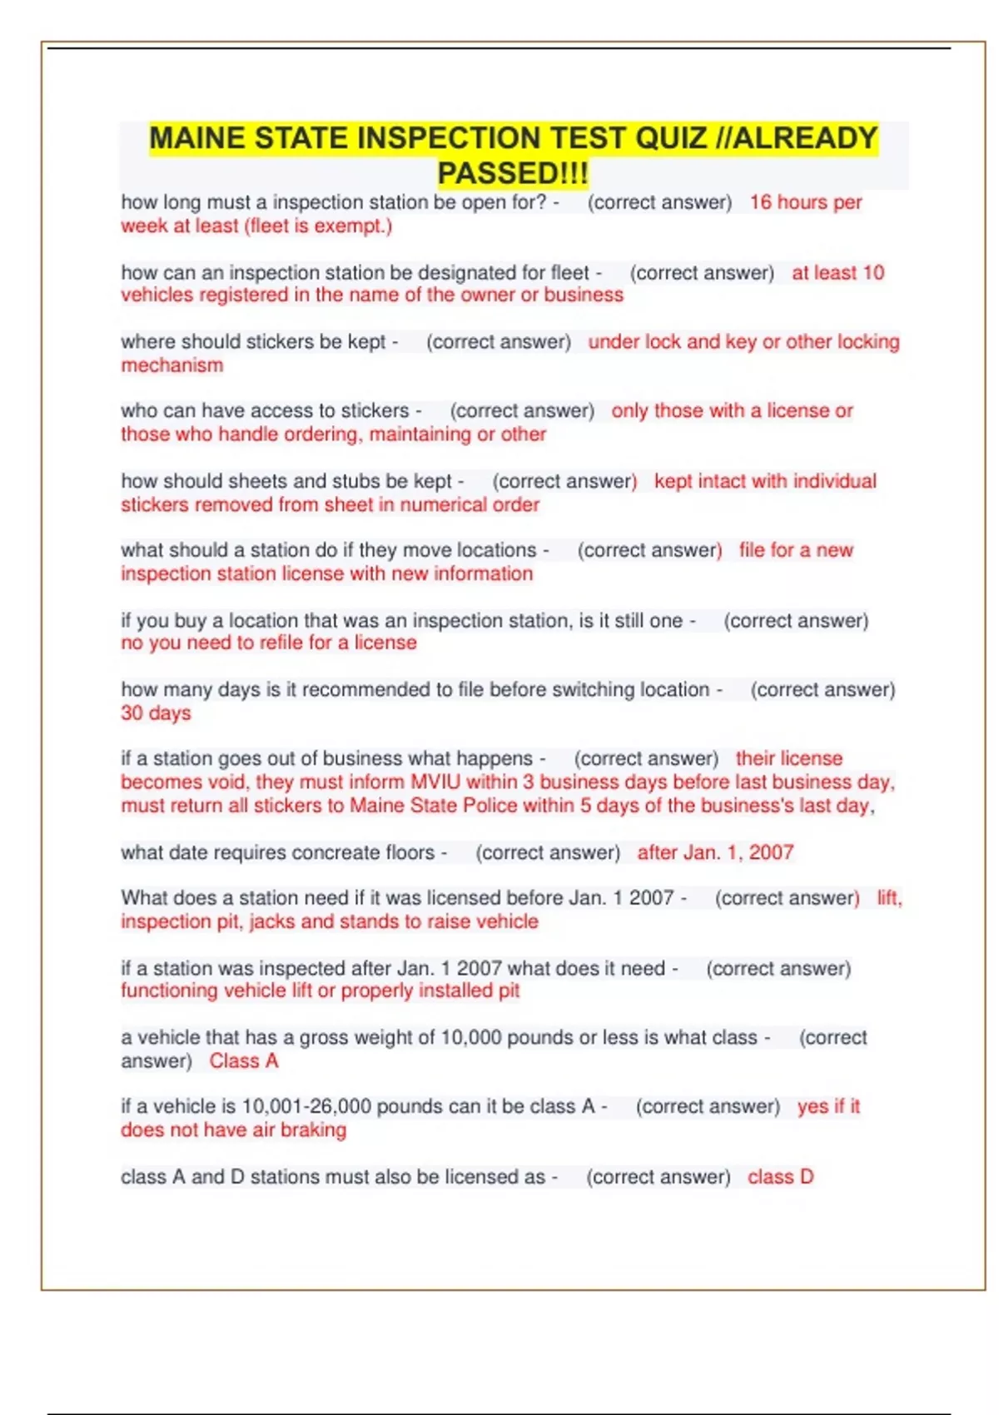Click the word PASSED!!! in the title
[x=513, y=173]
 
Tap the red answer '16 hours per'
[x=805, y=202]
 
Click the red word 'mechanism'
[x=172, y=365]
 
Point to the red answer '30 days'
[x=156, y=713]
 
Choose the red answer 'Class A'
[x=244, y=1061]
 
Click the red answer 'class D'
[x=780, y=1177]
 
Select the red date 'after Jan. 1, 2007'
[x=715, y=852]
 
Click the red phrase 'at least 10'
[x=837, y=273]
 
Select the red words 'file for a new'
[x=796, y=550]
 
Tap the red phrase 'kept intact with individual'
[x=765, y=481]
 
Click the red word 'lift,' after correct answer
[x=889, y=898]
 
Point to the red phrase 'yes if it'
[x=828, y=1107]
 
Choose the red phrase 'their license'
[x=789, y=759]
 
